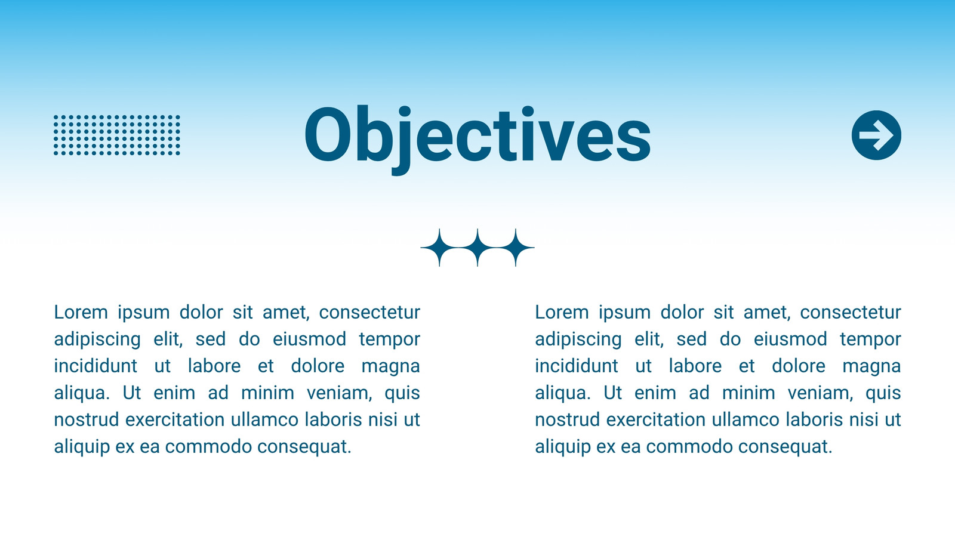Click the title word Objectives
478,139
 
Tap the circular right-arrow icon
877,135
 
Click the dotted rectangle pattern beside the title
117,135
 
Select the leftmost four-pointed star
439,247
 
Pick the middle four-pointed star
478,247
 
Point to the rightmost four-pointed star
516,247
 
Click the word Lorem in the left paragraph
81,313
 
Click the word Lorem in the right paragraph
562,313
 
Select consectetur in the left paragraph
369,313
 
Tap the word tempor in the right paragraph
871,340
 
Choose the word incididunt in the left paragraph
95,366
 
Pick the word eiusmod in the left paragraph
310,340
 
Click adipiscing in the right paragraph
578,340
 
